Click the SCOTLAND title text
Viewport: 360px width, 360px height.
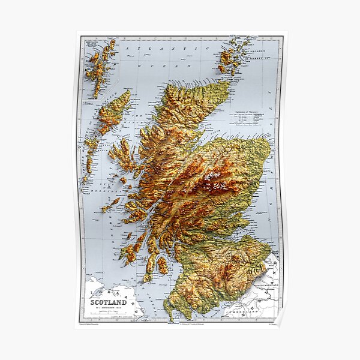click(109, 302)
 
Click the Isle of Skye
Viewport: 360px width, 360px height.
click(123, 155)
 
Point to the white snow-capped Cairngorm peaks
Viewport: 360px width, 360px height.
click(211, 180)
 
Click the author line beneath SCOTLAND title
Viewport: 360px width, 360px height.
click(109, 309)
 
